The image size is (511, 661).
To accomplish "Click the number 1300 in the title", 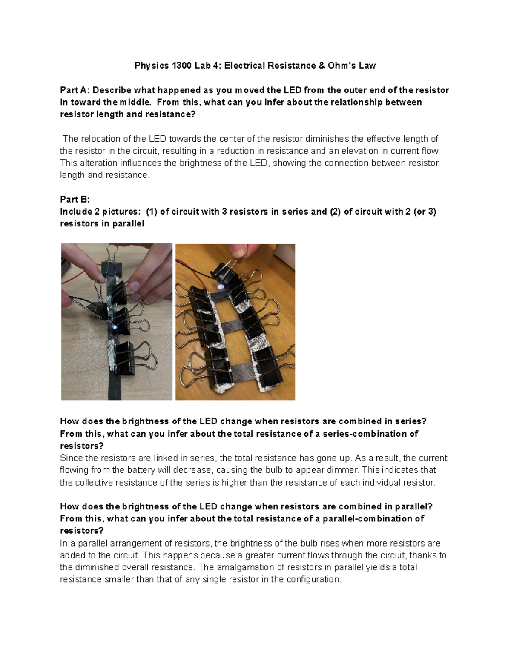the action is click(x=182, y=66).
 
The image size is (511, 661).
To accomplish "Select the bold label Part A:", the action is click(x=75, y=90).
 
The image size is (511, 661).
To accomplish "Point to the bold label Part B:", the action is click(x=75, y=199).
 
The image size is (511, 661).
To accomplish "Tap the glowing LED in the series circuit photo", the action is click(x=115, y=327).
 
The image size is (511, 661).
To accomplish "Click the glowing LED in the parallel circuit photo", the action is click(x=220, y=286).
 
